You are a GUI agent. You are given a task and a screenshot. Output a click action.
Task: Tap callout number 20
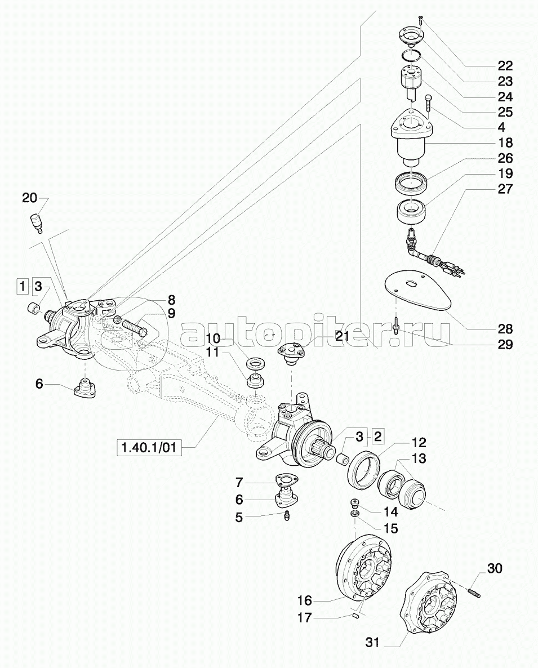point(30,198)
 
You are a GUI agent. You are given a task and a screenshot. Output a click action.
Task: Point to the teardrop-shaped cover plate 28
point(417,290)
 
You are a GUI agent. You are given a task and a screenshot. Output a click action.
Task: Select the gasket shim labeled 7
point(287,480)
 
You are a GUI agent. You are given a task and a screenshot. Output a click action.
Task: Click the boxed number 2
point(378,435)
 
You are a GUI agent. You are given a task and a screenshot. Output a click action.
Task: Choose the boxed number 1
point(21,287)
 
